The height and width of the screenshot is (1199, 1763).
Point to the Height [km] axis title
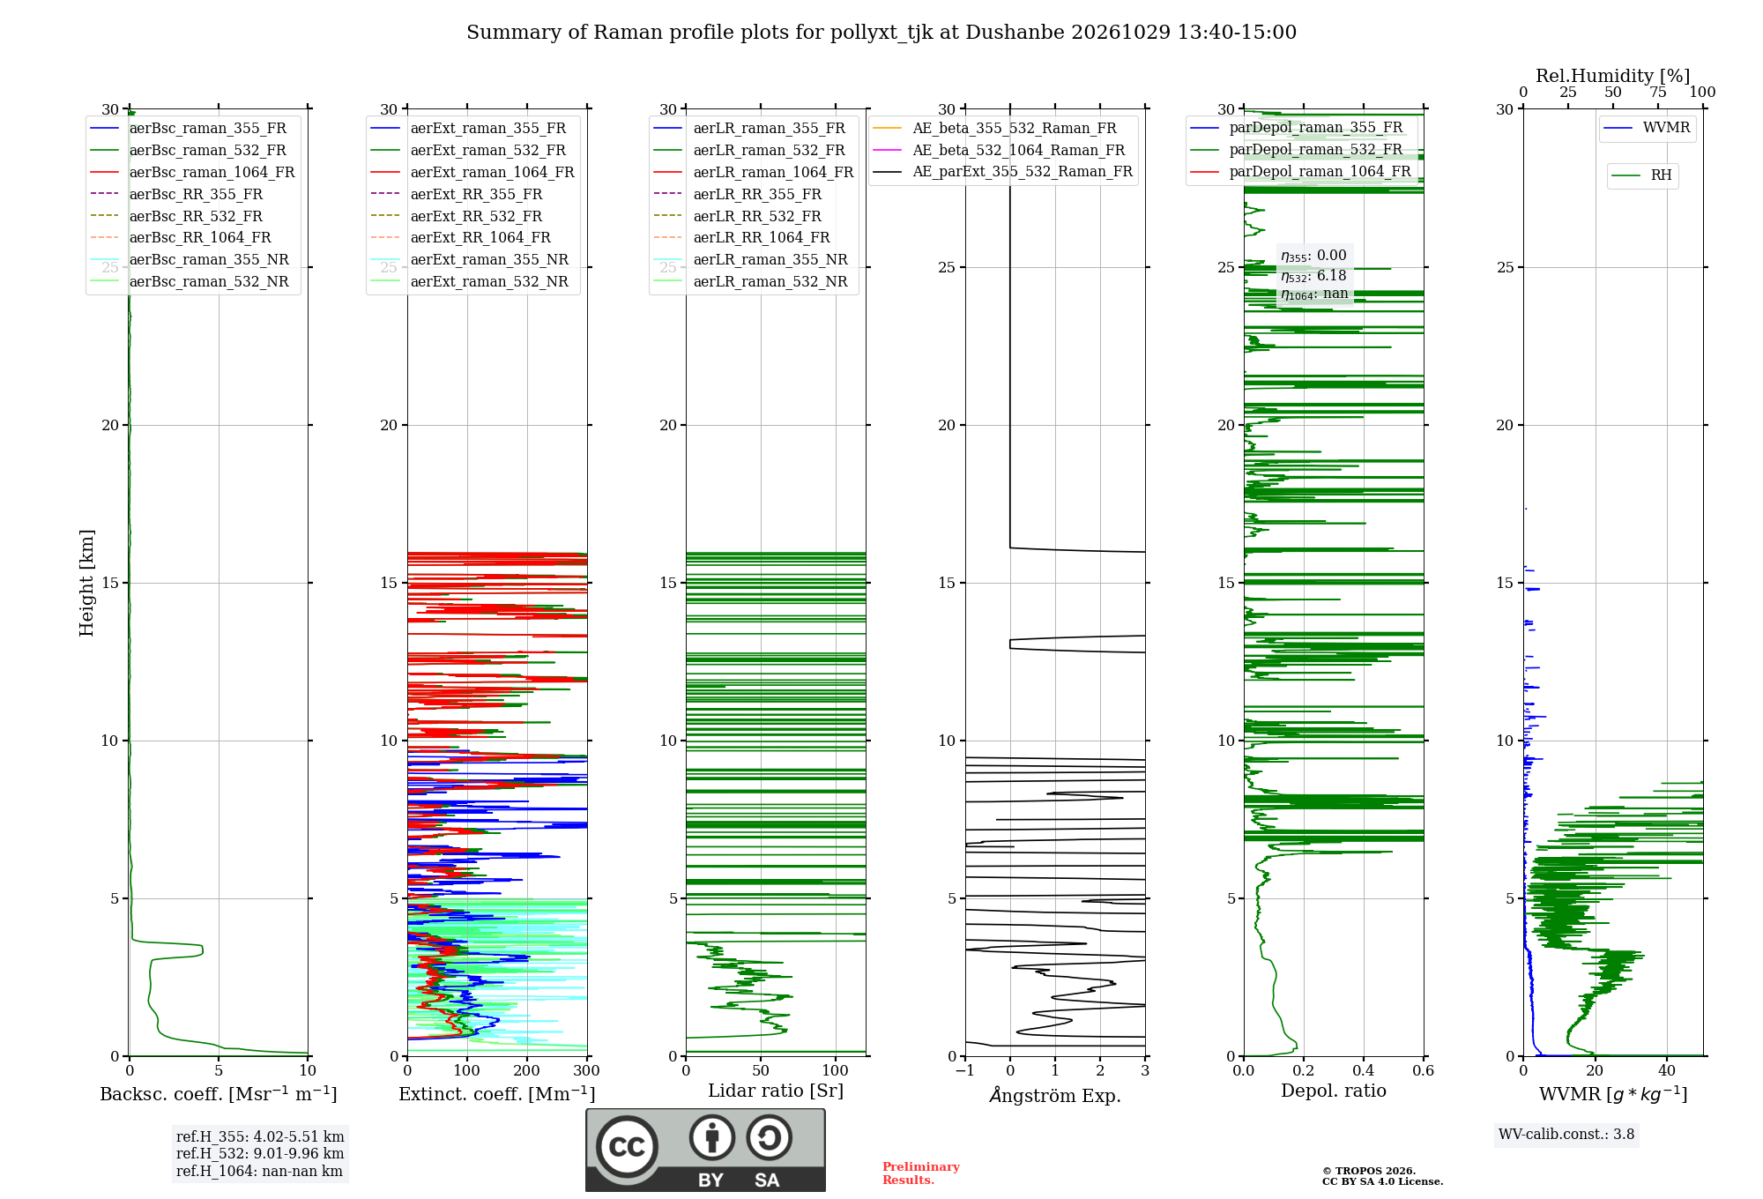point(86,583)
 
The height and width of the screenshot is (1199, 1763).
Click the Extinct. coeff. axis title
point(497,1094)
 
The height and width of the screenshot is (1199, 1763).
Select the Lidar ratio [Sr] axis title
point(776,1091)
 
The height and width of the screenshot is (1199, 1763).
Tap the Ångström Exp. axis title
point(1055,1095)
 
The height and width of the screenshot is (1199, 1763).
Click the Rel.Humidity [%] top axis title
point(1613,76)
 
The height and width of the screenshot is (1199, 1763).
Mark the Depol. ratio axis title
point(1334,1091)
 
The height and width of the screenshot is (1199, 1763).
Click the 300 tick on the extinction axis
point(586,1070)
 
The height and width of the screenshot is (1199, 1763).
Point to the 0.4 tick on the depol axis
point(1364,1070)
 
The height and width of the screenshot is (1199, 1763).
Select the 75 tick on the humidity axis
point(1658,93)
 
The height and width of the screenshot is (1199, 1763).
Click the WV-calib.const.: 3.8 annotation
point(1566,1135)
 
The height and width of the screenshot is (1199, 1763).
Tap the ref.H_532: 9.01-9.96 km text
point(260,1153)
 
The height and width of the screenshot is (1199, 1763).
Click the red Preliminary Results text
point(921,1173)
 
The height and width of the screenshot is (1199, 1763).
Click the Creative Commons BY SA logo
point(705,1151)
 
